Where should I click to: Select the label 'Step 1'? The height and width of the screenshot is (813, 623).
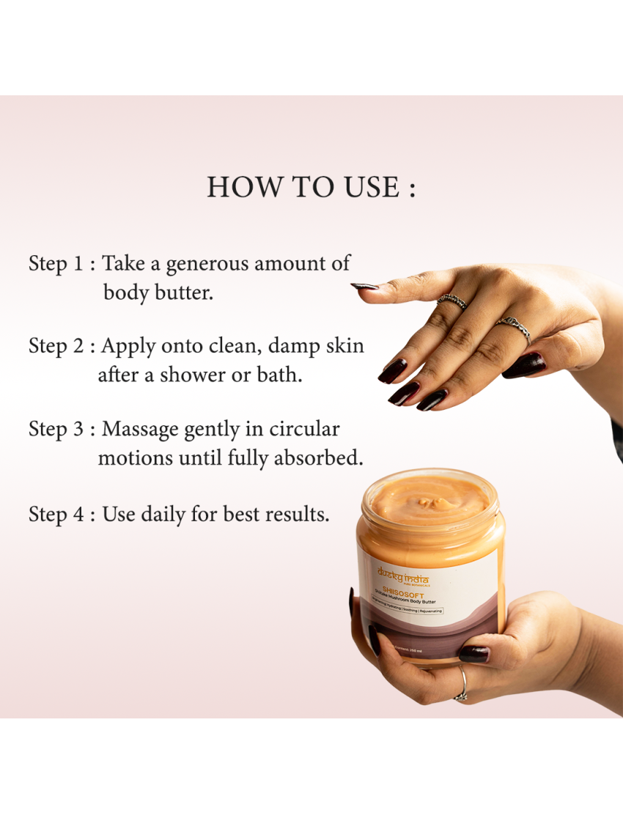point(56,264)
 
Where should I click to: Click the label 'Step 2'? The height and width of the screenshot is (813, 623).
point(57,346)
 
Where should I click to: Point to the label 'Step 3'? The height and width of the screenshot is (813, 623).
point(57,429)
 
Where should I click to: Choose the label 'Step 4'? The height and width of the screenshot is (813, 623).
point(57,514)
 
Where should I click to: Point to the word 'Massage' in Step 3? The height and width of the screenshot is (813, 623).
point(141,429)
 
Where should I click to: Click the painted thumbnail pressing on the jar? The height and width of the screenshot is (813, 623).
point(473,653)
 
